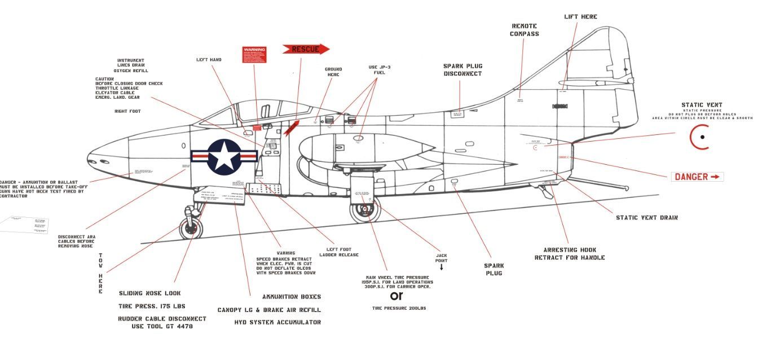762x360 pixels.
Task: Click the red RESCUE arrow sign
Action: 305,49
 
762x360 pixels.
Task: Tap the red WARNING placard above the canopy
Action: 254,55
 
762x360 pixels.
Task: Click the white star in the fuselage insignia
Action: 224,156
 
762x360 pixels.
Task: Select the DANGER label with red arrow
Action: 697,177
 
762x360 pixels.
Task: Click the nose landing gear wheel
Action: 191,228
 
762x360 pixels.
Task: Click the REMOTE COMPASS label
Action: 525,30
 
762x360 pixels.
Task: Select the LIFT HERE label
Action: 580,17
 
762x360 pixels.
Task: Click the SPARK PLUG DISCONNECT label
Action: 463,70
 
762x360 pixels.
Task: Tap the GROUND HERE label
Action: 333,72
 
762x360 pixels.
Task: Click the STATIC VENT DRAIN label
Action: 646,217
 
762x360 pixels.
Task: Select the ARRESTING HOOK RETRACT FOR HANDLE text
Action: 570,253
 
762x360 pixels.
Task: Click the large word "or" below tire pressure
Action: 397,296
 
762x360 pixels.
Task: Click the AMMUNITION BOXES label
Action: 291,297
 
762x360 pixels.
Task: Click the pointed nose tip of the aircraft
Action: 88,157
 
